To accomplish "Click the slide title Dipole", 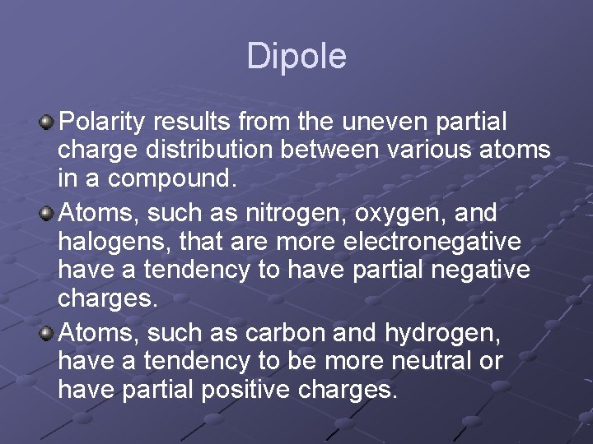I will pos(296,57).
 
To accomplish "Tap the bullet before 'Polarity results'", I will pos(48,123).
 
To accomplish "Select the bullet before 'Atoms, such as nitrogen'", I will pos(48,213).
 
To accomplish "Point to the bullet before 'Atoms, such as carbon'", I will pos(48,333).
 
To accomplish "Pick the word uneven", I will pos(385,123).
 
